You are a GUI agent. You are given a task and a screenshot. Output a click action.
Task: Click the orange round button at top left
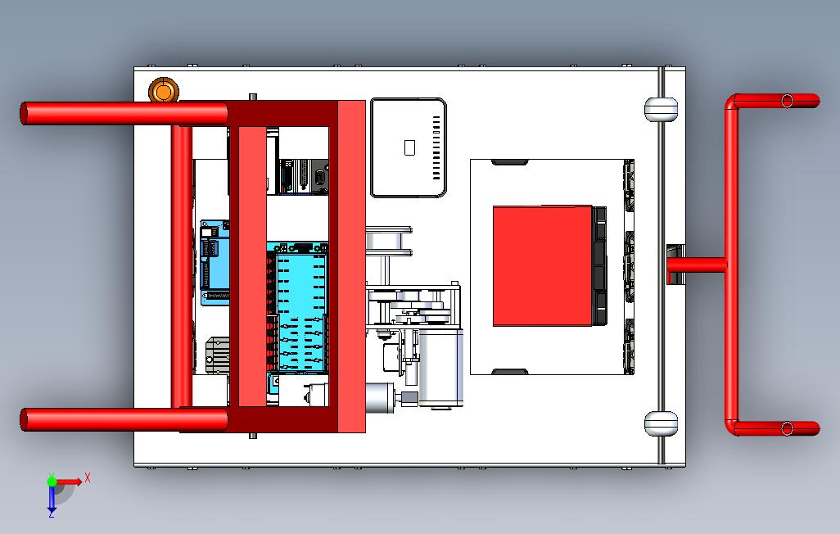163,91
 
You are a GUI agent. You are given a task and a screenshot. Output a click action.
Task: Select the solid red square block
542,265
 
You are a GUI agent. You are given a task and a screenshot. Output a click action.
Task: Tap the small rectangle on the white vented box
410,147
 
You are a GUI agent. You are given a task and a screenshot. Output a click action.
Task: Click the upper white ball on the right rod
661,108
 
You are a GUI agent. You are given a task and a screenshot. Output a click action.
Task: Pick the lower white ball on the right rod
661,423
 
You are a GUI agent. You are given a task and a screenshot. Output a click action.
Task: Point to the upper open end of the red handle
787,101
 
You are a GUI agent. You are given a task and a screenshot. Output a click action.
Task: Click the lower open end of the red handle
787,428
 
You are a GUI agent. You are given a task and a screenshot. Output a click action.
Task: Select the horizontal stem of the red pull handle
696,265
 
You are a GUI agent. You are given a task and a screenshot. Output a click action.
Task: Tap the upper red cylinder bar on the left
123,113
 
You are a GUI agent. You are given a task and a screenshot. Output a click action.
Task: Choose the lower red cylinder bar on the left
123,419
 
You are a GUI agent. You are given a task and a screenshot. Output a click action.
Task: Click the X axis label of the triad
88,477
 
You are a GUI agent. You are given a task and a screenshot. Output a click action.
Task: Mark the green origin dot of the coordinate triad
52,482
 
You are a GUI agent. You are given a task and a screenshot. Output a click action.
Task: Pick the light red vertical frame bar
350,266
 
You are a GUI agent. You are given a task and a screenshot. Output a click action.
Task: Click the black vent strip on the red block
600,265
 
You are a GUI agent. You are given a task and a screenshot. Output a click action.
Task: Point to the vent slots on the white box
436,147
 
